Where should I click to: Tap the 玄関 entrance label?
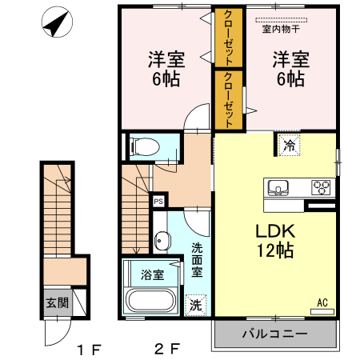(x=56, y=303)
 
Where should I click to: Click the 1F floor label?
(x=89, y=349)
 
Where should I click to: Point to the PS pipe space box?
(x=159, y=201)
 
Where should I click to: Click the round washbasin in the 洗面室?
(x=162, y=240)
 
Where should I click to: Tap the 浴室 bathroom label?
(x=154, y=274)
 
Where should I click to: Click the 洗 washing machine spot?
(x=196, y=304)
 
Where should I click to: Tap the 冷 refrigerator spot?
(x=289, y=146)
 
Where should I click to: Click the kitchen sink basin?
(x=279, y=187)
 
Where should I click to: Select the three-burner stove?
(x=322, y=187)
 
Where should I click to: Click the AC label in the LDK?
(x=323, y=302)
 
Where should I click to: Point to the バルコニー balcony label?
(x=274, y=334)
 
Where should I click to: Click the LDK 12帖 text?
(x=274, y=241)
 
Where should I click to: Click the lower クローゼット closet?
(x=229, y=99)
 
